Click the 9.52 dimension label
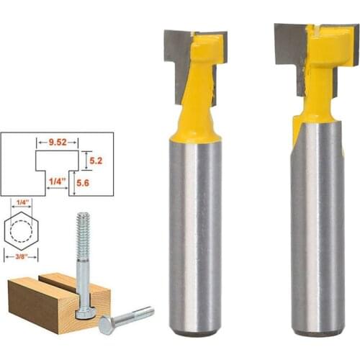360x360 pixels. tap(58, 143)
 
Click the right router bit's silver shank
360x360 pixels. tap(317, 230)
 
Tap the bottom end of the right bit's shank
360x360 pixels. tap(318, 333)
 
